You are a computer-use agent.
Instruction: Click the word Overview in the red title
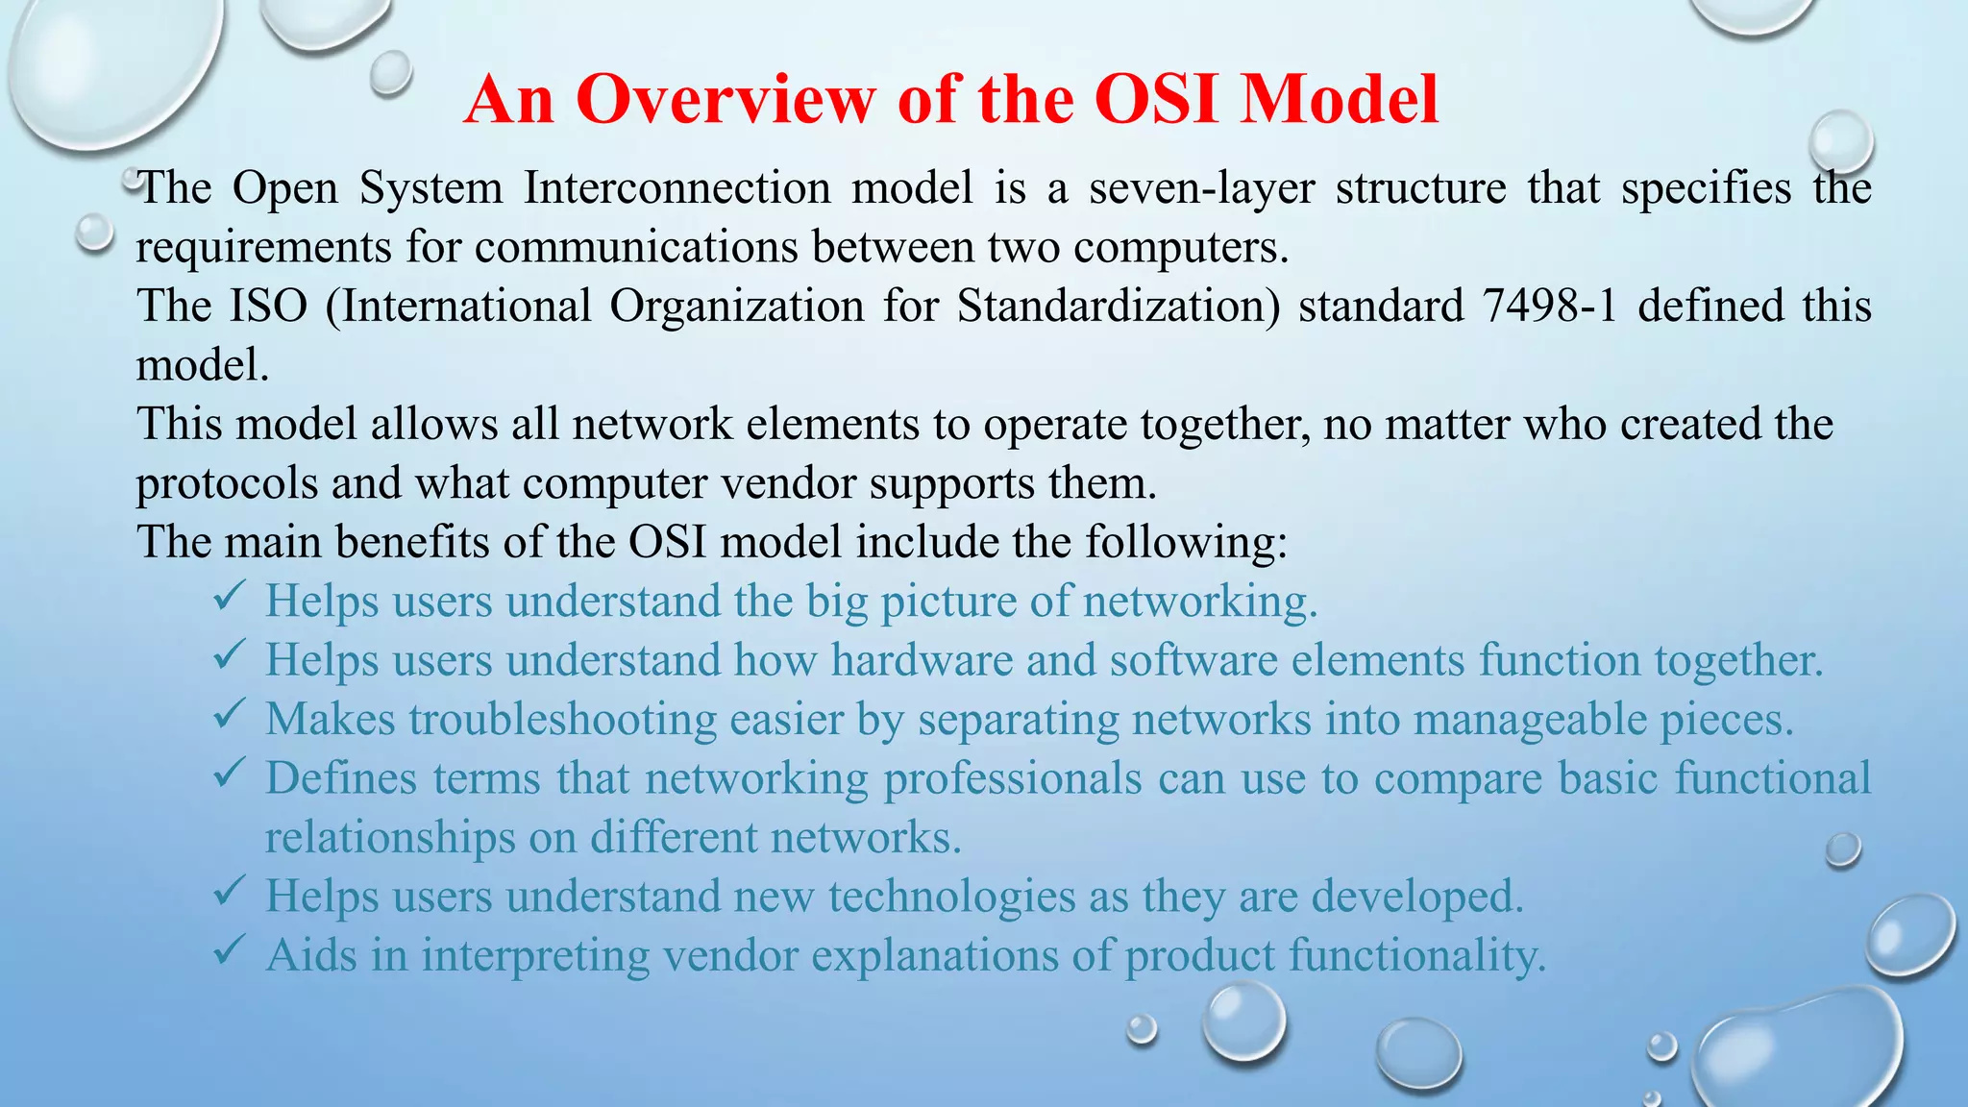(x=726, y=99)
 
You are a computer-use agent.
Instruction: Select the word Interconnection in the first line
(x=676, y=187)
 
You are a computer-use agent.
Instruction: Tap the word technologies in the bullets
(x=951, y=898)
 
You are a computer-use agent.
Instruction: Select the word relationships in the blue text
(x=390, y=839)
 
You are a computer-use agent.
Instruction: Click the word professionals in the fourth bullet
(x=1013, y=779)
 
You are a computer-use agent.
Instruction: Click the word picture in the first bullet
(x=947, y=603)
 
